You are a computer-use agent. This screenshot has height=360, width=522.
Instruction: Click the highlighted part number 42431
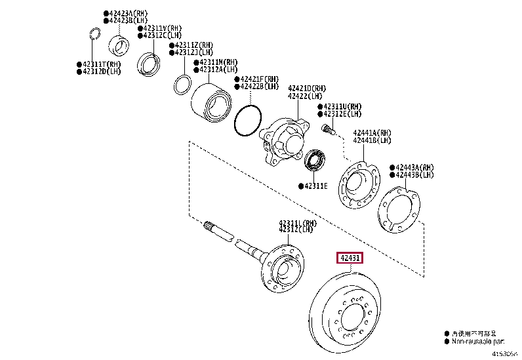click(349, 258)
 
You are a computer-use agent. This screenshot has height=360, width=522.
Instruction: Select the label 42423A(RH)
click(129, 13)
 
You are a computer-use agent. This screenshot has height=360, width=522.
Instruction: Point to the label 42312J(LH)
click(193, 52)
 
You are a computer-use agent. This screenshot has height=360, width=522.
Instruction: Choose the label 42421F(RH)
click(259, 79)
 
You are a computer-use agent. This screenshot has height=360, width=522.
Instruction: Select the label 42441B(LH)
click(371, 140)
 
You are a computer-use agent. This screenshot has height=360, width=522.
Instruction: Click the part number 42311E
click(316, 186)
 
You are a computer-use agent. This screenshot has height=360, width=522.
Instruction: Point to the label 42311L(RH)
click(298, 223)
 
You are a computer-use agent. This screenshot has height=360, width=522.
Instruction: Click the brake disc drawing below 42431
click(351, 314)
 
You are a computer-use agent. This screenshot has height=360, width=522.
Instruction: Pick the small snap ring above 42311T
click(94, 35)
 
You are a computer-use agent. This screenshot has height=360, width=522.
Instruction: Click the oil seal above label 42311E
click(316, 161)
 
